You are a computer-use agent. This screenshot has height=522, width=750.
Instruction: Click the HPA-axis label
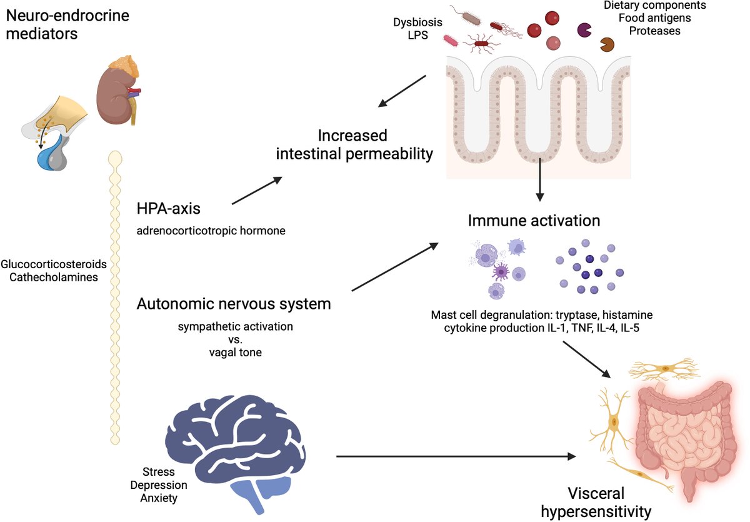tap(168, 209)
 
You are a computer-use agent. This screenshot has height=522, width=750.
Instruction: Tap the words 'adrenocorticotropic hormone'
tap(211, 231)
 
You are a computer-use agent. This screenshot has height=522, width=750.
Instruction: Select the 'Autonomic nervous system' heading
tap(234, 304)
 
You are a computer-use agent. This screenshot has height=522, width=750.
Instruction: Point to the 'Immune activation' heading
tap(534, 221)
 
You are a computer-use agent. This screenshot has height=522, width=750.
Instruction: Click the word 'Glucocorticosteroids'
tap(54, 264)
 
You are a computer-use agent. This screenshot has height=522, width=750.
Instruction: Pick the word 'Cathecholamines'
tap(54, 277)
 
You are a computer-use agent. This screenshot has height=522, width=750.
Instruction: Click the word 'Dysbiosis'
tap(417, 23)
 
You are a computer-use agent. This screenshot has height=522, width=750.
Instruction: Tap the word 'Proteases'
tap(654, 31)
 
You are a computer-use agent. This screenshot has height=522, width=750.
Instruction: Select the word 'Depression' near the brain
tap(159, 485)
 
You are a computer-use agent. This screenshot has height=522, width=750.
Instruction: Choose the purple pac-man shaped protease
tap(584, 30)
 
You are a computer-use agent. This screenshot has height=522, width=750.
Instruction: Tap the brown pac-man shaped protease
tap(607, 44)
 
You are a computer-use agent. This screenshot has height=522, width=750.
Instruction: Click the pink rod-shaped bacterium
tap(451, 41)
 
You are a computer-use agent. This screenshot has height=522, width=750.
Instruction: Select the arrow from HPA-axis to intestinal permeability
tap(257, 191)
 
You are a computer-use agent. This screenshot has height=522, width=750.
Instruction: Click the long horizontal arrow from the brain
tap(456, 456)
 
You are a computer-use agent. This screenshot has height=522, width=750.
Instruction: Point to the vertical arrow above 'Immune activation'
tap(540, 180)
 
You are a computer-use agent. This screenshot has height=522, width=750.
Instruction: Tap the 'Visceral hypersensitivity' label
tap(596, 502)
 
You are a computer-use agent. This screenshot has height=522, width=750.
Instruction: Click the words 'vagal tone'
tap(236, 353)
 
